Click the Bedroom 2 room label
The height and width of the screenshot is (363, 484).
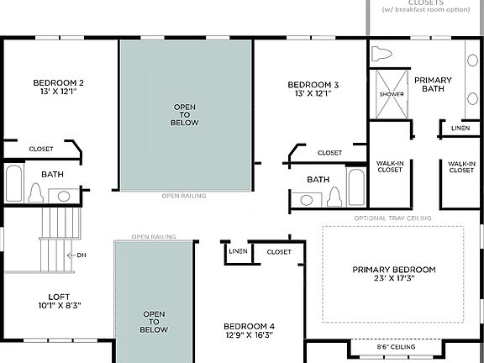(58, 82)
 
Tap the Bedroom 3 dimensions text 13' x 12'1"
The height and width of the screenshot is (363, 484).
(313, 94)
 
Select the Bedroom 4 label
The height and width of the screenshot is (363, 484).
(249, 326)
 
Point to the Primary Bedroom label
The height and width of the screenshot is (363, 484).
(393, 270)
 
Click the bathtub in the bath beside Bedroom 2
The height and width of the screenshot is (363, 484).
(13, 183)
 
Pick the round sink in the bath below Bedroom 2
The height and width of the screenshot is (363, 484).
(64, 196)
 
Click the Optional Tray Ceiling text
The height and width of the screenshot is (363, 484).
(393, 218)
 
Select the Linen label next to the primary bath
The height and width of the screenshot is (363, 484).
(460, 129)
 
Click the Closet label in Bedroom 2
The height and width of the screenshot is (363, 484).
(40, 150)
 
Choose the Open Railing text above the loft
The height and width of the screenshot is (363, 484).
(154, 237)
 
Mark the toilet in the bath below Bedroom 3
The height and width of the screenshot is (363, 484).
(334, 197)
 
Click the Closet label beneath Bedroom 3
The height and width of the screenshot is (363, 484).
(329, 153)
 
